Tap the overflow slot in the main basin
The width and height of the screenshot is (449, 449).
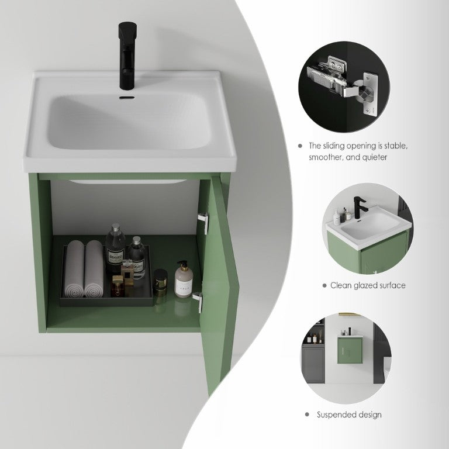pyautogui.click(x=127, y=98)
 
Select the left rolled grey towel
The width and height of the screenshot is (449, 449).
pyautogui.click(x=74, y=268)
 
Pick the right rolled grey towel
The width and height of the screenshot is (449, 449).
pyautogui.click(x=94, y=268)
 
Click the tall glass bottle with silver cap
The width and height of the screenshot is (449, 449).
pyautogui.click(x=115, y=248)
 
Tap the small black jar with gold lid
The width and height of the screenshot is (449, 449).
pyautogui.click(x=160, y=282)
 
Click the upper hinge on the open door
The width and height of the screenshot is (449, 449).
pyautogui.click(x=203, y=223)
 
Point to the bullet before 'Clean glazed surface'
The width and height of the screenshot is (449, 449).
pyautogui.click(x=324, y=285)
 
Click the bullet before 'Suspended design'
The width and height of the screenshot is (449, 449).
pyautogui.click(x=308, y=415)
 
